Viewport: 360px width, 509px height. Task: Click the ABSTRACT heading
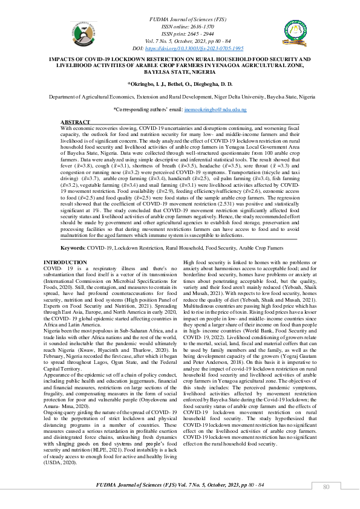(76, 122)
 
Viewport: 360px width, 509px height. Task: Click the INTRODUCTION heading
(65, 262)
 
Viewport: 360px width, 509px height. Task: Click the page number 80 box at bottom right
(326, 487)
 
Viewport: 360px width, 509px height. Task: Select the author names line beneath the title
(179, 85)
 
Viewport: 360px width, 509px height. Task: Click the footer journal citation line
(179, 485)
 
